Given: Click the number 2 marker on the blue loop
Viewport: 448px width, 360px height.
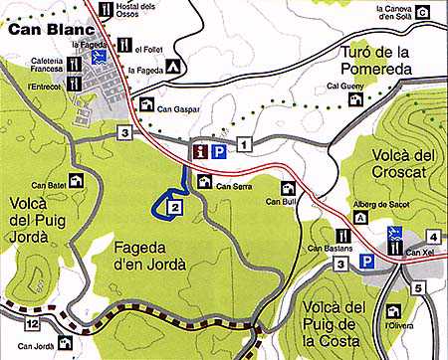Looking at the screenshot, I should [x=174, y=207].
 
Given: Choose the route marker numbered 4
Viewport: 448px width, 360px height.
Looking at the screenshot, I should [x=433, y=236].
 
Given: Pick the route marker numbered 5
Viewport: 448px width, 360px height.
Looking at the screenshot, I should [x=419, y=288].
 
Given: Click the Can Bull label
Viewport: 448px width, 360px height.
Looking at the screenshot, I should [x=282, y=203].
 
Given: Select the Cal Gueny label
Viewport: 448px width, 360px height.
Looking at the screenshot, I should [x=341, y=87].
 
